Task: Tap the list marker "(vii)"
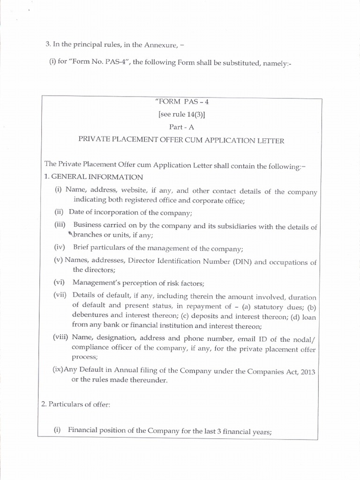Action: [60, 297]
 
